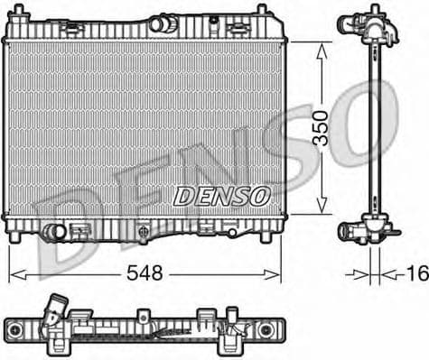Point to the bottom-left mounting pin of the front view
17,236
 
